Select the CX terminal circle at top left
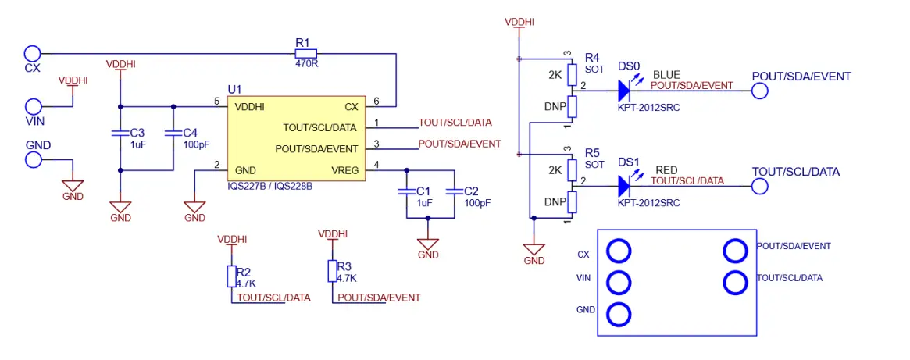[32, 53]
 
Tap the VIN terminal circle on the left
[34, 106]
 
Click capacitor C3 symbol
[120, 134]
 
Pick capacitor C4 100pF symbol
[173, 134]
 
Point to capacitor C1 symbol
[405, 192]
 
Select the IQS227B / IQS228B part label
[269, 187]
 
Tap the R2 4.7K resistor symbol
[231, 276]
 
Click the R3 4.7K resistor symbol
[333, 271]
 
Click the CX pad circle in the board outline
[619, 251]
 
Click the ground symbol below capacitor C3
[120, 207]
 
